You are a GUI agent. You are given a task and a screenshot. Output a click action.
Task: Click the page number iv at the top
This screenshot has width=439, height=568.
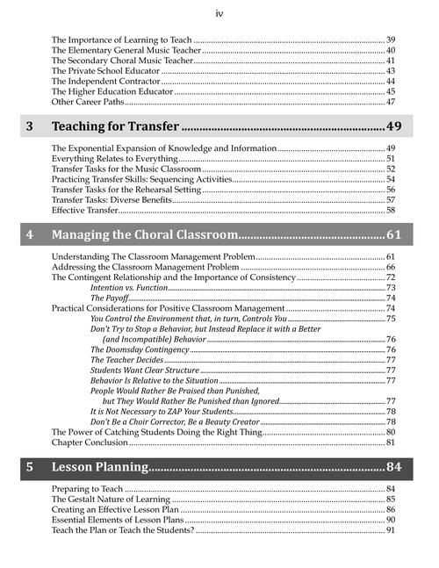click(219, 13)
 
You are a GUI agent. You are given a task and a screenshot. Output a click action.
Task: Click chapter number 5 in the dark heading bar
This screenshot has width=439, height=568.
click(30, 466)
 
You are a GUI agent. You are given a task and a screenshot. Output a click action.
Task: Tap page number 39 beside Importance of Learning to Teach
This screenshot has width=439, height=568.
click(391, 40)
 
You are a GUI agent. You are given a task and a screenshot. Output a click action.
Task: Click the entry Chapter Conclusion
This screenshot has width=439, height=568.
click(90, 442)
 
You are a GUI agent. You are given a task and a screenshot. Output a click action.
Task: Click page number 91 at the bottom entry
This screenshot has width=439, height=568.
click(391, 530)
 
